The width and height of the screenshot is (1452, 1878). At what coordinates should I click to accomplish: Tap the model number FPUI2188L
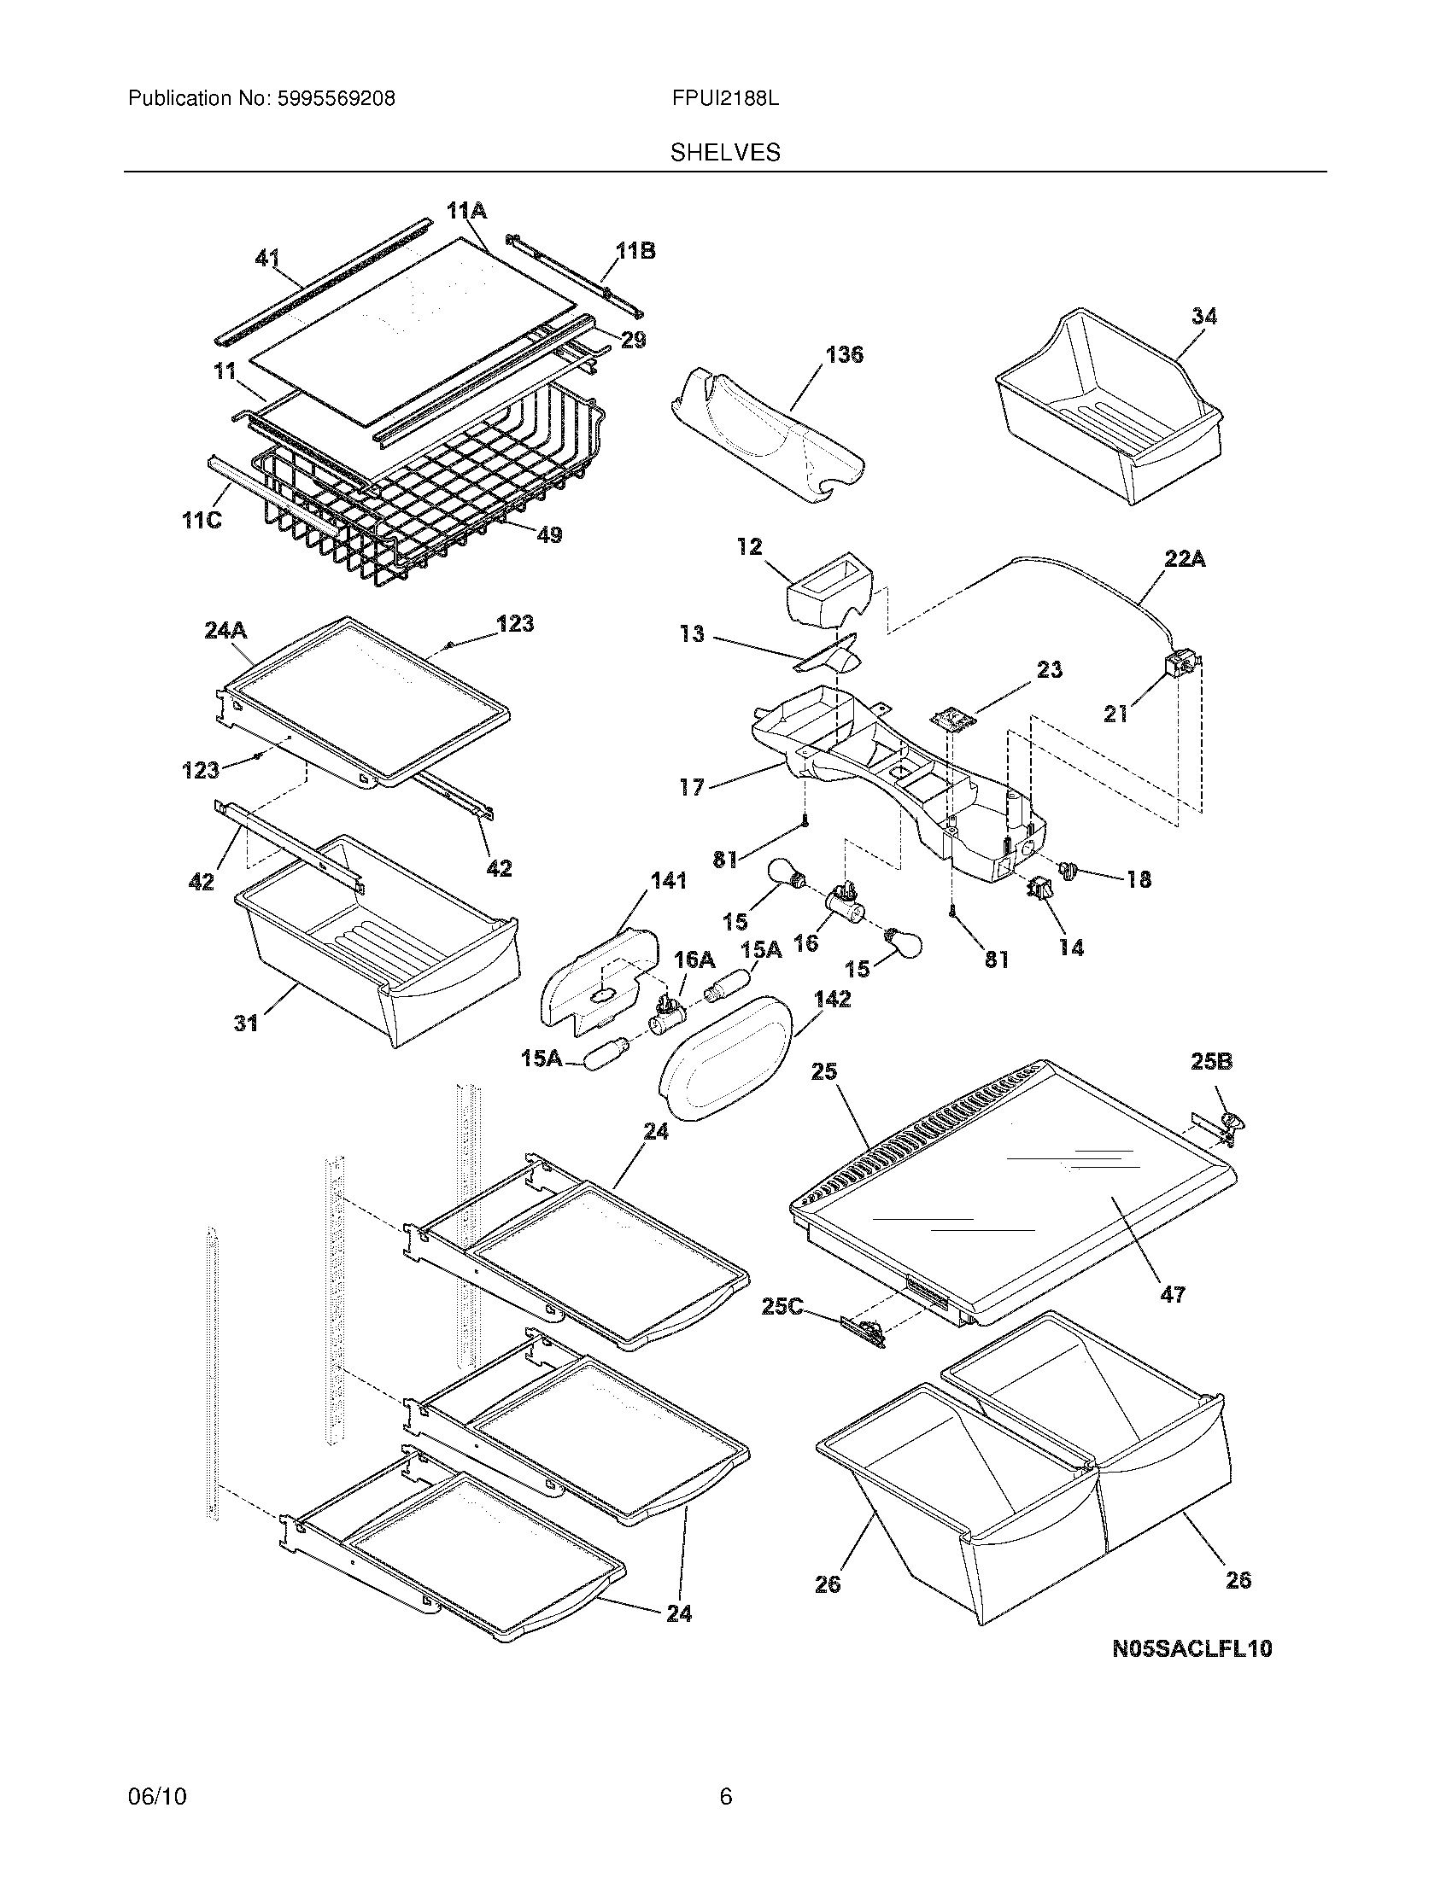click(725, 99)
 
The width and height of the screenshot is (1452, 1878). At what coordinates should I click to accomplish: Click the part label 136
click(844, 354)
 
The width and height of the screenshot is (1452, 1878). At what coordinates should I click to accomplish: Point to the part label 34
click(1204, 317)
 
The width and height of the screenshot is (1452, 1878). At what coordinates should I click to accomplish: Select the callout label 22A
click(1185, 560)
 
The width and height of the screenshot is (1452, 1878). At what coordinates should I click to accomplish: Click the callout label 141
click(669, 881)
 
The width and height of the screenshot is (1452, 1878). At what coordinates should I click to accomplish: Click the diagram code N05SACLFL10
click(1191, 1648)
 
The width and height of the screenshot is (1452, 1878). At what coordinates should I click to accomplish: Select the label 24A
click(225, 630)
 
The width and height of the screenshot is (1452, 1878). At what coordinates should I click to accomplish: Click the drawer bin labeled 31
click(378, 946)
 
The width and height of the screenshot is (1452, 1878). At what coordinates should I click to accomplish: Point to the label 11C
click(202, 520)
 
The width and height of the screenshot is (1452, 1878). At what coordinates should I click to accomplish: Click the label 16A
click(694, 959)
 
